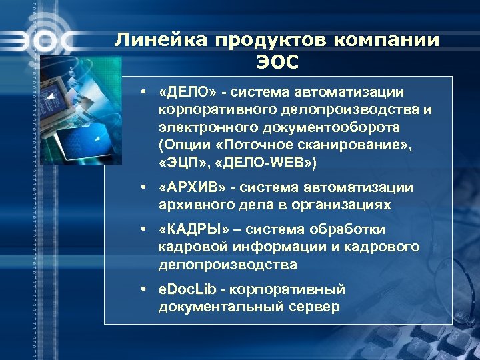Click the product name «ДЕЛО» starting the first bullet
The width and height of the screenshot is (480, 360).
coord(185,91)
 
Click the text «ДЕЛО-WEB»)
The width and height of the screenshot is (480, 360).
coord(256,161)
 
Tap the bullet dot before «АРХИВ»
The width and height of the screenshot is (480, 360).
coord(143,188)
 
